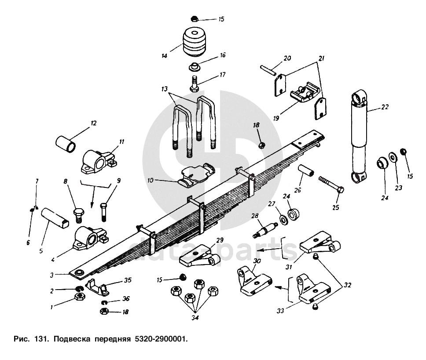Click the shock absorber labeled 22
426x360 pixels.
pos(359,136)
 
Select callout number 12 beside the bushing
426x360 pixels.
pos(93,123)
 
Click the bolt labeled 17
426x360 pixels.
pos(194,84)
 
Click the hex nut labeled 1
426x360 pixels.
pos(80,296)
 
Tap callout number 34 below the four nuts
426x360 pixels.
pos(195,317)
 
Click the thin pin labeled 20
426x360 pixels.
pos(268,70)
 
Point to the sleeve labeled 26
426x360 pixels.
pos(306,171)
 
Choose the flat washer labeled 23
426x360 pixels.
pos(392,157)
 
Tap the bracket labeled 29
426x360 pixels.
pos(200,256)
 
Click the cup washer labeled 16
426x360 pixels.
pos(194,66)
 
